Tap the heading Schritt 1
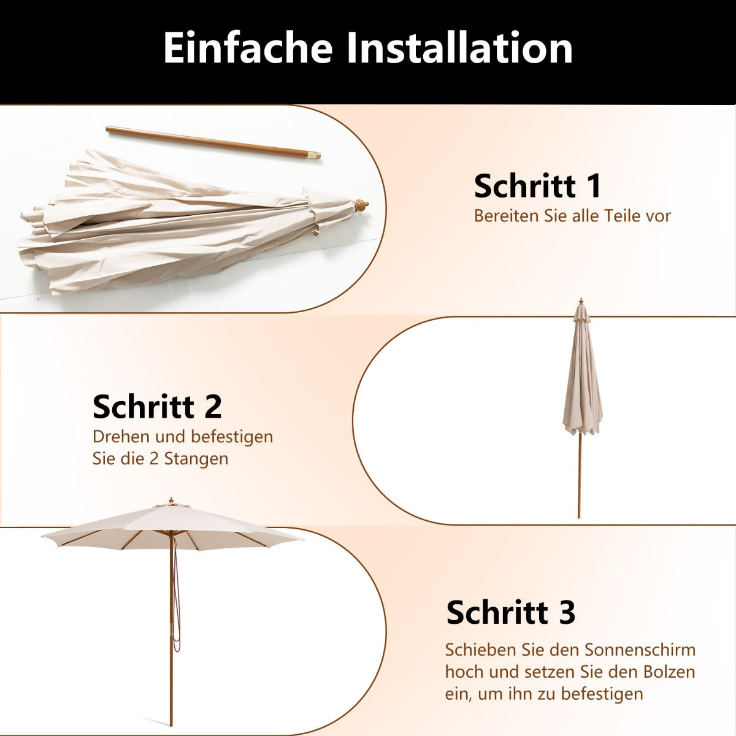(538, 186)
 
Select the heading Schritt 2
(157, 407)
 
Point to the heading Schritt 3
(511, 612)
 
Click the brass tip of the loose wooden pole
(315, 156)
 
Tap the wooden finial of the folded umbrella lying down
(361, 205)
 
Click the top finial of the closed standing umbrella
(580, 302)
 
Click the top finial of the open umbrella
(172, 500)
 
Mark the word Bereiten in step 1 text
(507, 216)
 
